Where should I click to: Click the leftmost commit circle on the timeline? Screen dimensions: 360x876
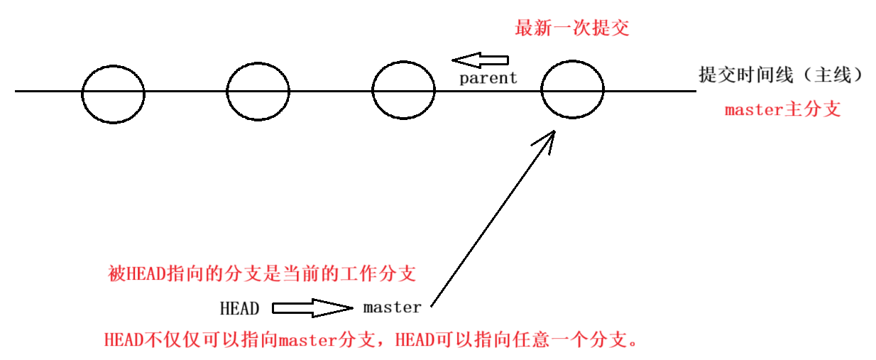pyautogui.click(x=113, y=92)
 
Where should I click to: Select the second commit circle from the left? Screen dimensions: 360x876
pyautogui.click(x=258, y=92)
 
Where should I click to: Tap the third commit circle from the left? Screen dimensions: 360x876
pyautogui.click(x=404, y=92)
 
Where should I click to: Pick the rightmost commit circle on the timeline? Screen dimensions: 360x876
pyautogui.click(x=572, y=92)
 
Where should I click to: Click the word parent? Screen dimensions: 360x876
pyautogui.click(x=488, y=78)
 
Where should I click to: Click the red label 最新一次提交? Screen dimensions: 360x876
pyautogui.click(x=571, y=28)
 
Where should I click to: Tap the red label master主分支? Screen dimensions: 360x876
pyautogui.click(x=782, y=110)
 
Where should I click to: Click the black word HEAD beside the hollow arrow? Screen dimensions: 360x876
pyautogui.click(x=239, y=308)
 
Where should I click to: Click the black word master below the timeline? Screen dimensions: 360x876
pyautogui.click(x=392, y=307)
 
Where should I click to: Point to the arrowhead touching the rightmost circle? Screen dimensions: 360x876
pyautogui.click(x=547, y=136)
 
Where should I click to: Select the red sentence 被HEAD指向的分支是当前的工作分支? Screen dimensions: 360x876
pyautogui.click(x=261, y=273)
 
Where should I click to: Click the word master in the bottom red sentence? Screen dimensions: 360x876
pyautogui.click(x=307, y=339)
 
